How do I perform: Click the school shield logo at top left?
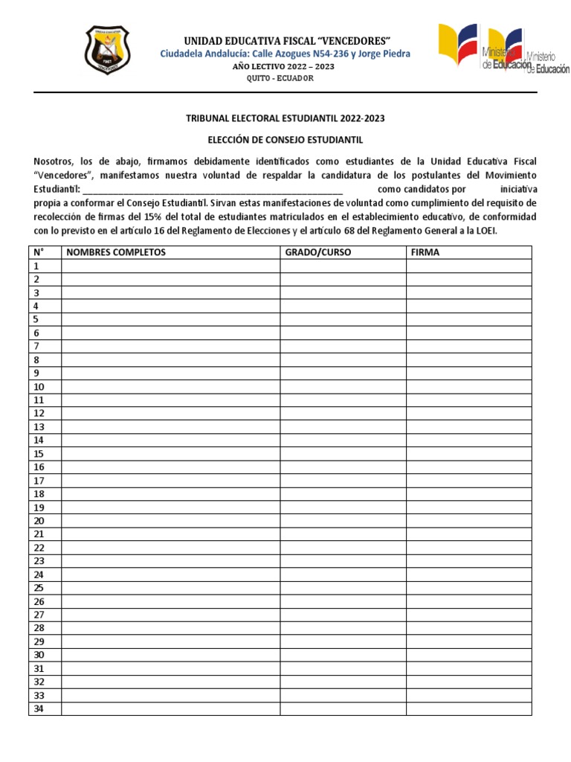106,50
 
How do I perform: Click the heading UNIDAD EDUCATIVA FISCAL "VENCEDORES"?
284,40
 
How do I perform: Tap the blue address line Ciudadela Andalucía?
285,54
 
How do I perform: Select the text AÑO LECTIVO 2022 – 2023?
285,66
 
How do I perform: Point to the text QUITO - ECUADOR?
285,78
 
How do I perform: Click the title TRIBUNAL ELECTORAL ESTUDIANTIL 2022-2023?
285,118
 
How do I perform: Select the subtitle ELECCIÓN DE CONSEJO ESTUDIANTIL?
285,139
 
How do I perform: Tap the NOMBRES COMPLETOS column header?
116,252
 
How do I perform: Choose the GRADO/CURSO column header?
318,252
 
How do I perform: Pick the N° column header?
37,252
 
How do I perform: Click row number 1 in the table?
36,266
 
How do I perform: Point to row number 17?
39,481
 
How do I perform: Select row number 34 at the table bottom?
39,708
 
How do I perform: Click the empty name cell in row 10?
170,387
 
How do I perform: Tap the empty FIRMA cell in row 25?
468,588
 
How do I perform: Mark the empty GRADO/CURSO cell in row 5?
343,320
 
